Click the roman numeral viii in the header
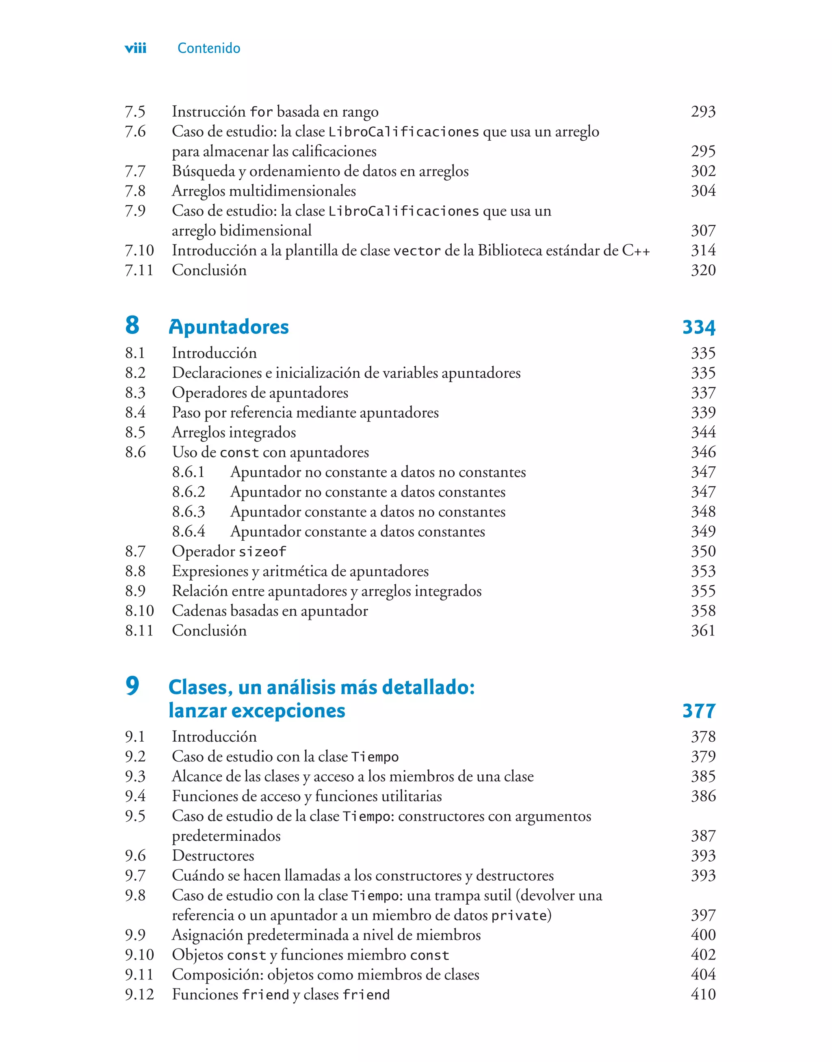135,48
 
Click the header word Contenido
208,48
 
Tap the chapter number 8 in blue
132,325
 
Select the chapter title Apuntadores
228,326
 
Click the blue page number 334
698,327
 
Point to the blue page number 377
698,711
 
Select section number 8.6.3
188,512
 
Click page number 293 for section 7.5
703,112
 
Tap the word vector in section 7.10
416,251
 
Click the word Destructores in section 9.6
213,856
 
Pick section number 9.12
139,995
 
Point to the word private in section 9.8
519,916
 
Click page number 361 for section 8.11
703,631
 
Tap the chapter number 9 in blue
132,686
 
